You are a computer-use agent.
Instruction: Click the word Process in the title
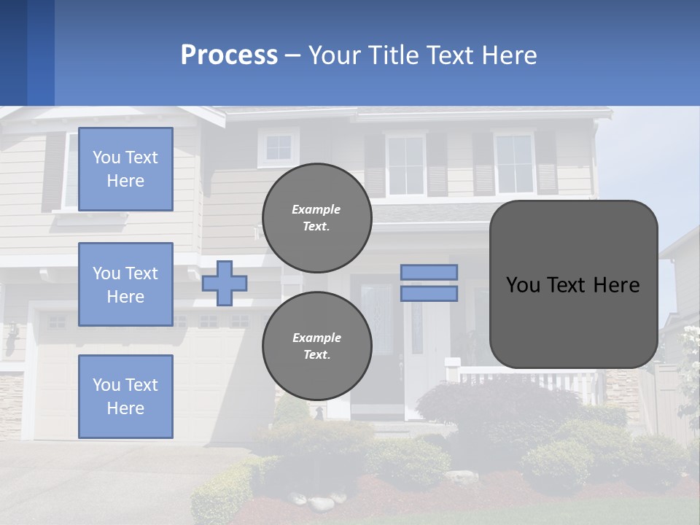tap(229, 55)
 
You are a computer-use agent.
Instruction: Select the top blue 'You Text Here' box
tap(125, 169)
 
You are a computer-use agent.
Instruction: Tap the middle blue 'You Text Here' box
tap(125, 284)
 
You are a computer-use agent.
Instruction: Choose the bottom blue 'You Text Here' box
tap(125, 397)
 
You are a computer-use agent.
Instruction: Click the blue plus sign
tap(225, 283)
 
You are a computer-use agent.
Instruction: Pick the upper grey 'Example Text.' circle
tap(317, 218)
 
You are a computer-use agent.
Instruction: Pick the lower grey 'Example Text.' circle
tap(317, 346)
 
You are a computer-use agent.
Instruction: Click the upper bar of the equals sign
tap(429, 272)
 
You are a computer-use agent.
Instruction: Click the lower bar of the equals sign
tap(429, 293)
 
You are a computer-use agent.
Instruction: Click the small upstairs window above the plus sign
tap(279, 147)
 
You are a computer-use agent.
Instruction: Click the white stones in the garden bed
tap(321, 502)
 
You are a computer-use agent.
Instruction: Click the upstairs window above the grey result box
tap(515, 164)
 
